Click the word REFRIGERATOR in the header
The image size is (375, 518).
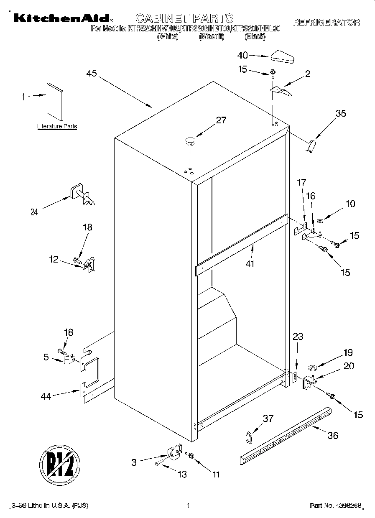327,22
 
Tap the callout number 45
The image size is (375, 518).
92,74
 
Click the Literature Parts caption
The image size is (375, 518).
57,126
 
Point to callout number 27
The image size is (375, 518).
221,120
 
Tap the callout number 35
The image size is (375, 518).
341,113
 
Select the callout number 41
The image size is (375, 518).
250,264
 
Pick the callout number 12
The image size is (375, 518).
54,259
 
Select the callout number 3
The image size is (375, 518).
134,462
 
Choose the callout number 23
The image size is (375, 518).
298,337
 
